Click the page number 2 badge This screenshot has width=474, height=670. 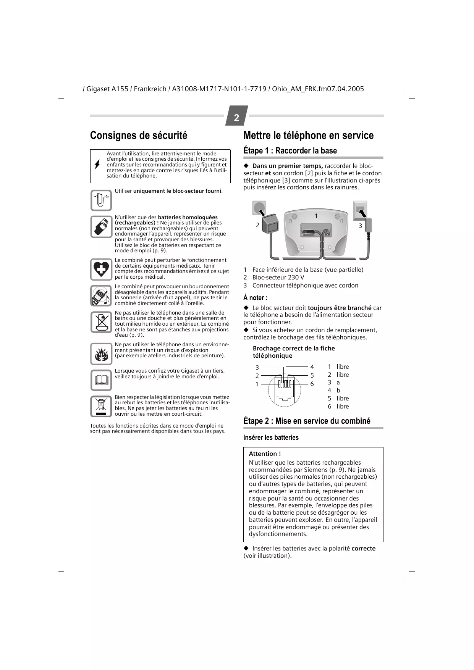coord(236,117)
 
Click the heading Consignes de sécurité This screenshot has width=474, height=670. coord(139,136)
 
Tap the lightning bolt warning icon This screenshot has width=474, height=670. coord(97,165)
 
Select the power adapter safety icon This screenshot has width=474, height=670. coord(101,200)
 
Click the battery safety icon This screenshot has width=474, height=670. coord(101,227)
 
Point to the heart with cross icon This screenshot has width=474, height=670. coord(101,269)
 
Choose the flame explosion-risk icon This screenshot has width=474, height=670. coord(101,354)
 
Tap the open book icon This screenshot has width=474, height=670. coord(101,380)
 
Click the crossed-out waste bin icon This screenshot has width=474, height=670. coord(101,406)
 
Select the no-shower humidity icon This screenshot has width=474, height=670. coord(101,322)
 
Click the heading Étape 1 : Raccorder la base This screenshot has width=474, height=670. coord(290,150)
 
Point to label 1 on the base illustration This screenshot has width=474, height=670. coord(316,216)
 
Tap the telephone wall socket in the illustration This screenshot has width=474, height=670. coord(360,210)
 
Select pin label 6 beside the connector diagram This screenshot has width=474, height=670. coord(312,384)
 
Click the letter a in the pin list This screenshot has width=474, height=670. coord(338,383)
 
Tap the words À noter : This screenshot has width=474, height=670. coord(255,298)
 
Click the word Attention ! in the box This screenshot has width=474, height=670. coord(265,454)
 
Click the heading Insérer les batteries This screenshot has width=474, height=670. coord(271,438)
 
